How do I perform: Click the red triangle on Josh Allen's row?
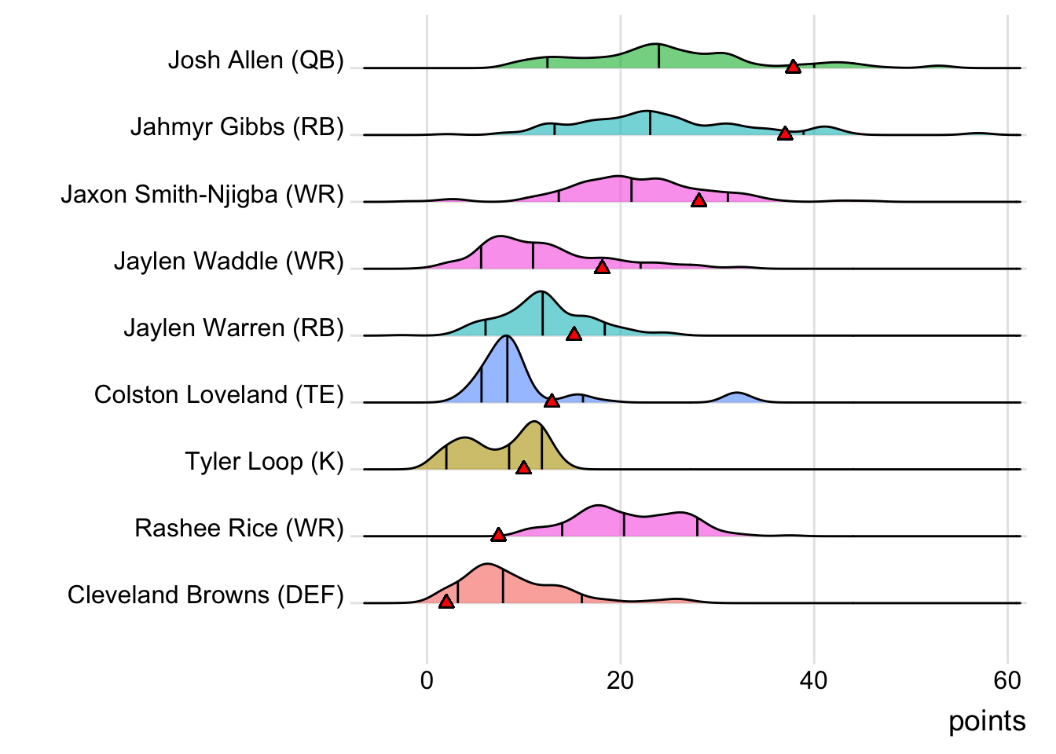793,67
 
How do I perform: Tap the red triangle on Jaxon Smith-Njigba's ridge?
698,201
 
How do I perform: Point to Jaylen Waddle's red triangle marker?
602,268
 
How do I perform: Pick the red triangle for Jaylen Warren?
574,335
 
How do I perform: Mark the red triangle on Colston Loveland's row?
552,401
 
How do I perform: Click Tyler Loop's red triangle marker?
523,468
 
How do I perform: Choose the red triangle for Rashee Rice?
498,535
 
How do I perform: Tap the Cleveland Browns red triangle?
445,602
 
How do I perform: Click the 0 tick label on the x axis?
427,680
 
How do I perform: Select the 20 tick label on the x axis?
620,680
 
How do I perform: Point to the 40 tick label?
813,680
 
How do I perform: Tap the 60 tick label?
1006,680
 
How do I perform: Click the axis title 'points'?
986,721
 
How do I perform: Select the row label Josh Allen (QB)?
255,60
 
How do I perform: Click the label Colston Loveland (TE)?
218,394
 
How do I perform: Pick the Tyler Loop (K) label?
264,461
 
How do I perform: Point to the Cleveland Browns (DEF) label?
205,595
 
